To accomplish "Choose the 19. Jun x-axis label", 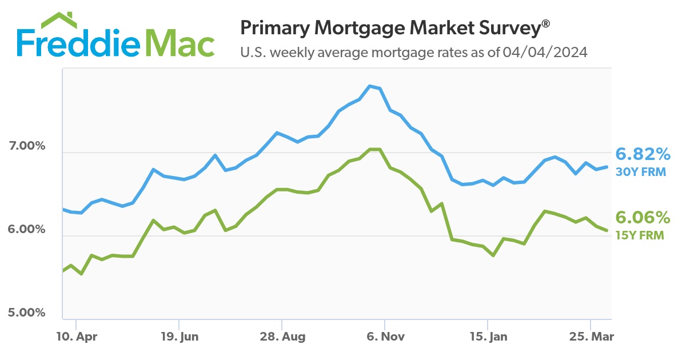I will click(179, 337).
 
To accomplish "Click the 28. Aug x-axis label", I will click(282, 337).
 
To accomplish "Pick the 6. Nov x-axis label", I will click(385, 337).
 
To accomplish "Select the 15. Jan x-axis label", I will click(488, 337).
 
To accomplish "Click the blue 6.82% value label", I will click(643, 154).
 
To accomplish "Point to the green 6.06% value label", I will click(643, 218).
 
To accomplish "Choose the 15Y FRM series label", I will click(640, 234).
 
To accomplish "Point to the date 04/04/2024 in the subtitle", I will click(545, 53).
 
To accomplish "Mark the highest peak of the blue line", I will click(370, 86).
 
